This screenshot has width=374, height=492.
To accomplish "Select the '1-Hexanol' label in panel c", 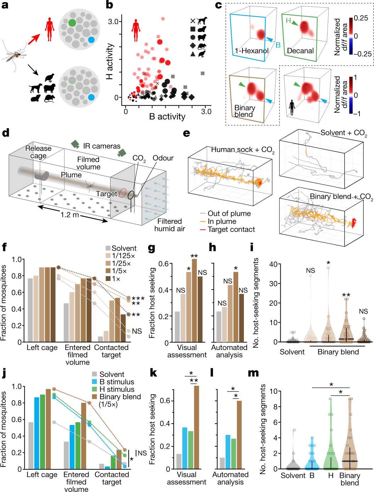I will pyautogui.click(x=251, y=51).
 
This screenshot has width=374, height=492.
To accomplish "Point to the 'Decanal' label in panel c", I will pyautogui.click(x=300, y=51).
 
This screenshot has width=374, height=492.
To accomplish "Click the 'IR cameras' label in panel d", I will pyautogui.click(x=102, y=146).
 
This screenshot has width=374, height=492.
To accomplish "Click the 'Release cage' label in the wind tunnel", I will pyautogui.click(x=38, y=152).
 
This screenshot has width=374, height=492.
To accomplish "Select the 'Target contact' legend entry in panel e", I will pyautogui.click(x=231, y=230).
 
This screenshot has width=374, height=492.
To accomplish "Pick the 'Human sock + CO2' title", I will pyautogui.click(x=242, y=150).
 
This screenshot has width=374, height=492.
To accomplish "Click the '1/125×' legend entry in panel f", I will pyautogui.click(x=123, y=256).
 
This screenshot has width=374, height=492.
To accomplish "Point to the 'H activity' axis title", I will pyautogui.click(x=110, y=61).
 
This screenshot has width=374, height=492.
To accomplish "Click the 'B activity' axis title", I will pyautogui.click(x=167, y=117).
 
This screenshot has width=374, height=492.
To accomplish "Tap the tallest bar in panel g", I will pyautogui.click(x=194, y=301).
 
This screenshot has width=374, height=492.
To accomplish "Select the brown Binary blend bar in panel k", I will pyautogui.click(x=196, y=427).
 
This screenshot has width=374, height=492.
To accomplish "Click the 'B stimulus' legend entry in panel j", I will pyautogui.click(x=117, y=382).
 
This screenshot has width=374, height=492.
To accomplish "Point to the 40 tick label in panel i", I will pyautogui.click(x=273, y=264).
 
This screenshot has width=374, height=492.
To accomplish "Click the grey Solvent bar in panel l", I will pyautogui.click(x=222, y=463).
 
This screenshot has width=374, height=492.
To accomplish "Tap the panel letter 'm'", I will pyautogui.click(x=253, y=373).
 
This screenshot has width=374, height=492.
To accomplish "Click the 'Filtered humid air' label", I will pyautogui.click(x=169, y=225).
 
